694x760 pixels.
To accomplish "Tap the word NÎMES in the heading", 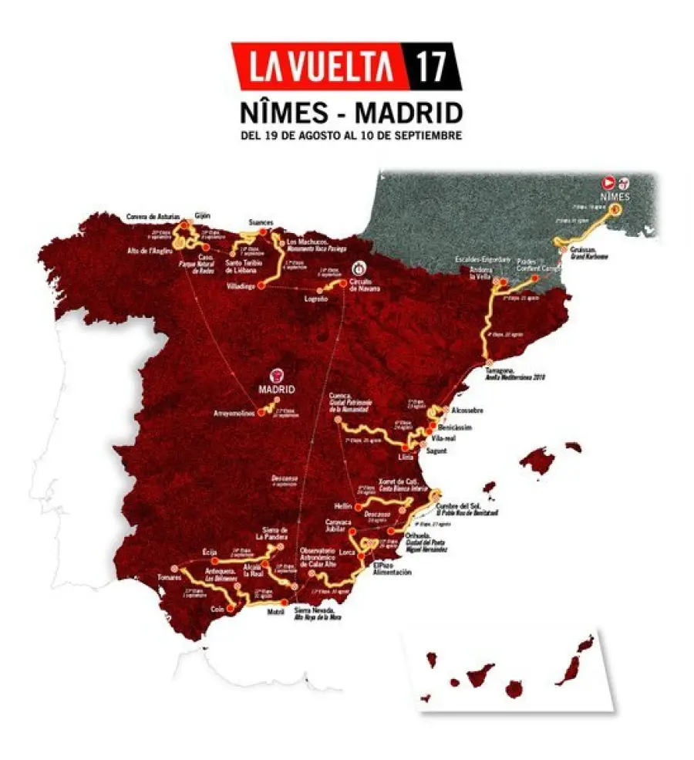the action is [x=288, y=113].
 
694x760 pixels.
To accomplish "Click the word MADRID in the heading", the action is [x=409, y=113].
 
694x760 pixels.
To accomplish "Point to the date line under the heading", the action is [x=349, y=135].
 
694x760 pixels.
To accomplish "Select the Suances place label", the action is [x=261, y=222].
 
